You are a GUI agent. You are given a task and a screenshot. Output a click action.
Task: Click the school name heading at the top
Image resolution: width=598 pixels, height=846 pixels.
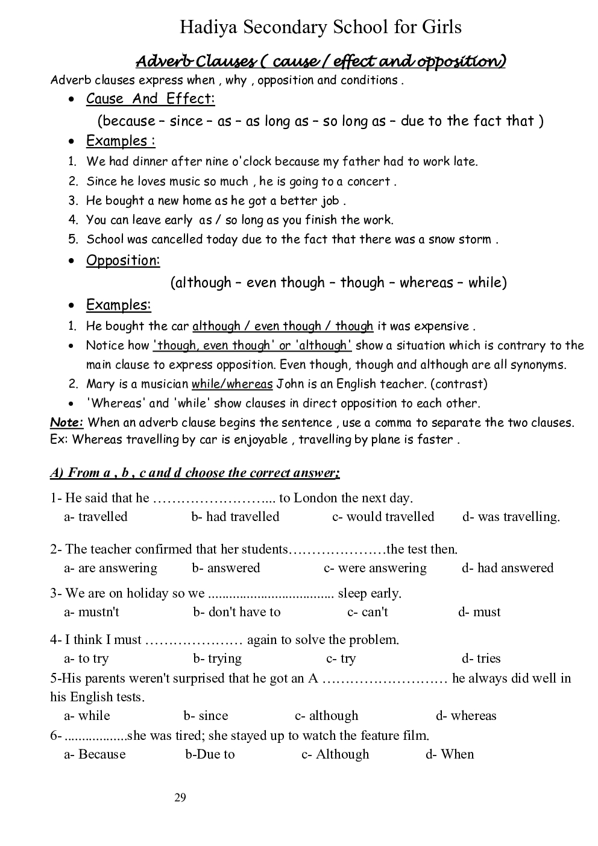click(x=321, y=27)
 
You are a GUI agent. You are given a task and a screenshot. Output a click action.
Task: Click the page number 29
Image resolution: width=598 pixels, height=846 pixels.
click(x=180, y=798)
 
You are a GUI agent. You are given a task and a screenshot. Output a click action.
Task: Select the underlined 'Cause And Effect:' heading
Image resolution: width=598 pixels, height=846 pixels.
click(x=150, y=99)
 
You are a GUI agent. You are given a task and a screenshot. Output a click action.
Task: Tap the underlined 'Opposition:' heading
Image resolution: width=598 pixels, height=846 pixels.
click(x=123, y=260)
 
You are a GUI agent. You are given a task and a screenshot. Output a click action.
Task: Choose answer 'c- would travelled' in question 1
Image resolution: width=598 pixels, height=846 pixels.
click(x=383, y=517)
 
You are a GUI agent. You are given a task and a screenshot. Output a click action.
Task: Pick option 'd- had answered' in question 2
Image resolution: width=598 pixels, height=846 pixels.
click(x=508, y=568)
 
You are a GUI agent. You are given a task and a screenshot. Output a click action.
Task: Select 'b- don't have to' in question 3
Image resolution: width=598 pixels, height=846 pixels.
click(x=237, y=612)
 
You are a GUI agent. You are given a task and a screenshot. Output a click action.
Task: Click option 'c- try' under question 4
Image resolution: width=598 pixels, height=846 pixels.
click(x=341, y=658)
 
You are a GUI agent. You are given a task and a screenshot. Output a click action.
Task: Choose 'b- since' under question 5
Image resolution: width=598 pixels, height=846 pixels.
click(x=206, y=716)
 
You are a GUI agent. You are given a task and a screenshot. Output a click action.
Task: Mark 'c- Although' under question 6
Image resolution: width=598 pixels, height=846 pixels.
click(x=335, y=754)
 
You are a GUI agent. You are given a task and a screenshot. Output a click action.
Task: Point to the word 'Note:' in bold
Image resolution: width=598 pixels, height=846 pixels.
click(x=66, y=423)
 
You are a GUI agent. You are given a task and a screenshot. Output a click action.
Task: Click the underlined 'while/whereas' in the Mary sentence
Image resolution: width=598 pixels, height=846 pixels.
click(x=232, y=384)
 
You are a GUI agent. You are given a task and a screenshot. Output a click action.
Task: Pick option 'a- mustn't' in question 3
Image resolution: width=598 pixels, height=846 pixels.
click(x=92, y=612)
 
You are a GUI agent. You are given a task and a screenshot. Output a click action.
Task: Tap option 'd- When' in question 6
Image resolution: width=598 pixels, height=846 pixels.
click(x=450, y=754)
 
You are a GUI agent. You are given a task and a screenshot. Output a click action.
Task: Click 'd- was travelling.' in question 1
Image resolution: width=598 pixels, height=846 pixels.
click(x=511, y=517)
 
